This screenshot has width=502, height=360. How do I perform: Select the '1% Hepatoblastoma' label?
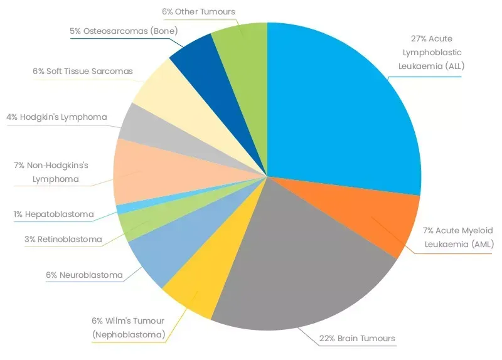click(53, 214)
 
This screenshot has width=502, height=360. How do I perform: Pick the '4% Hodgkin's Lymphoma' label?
click(56, 117)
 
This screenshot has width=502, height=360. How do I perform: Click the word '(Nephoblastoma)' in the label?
click(129, 334)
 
